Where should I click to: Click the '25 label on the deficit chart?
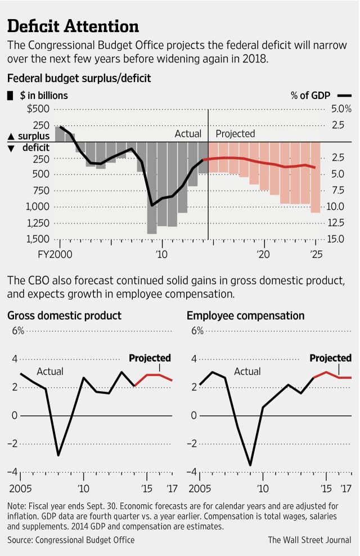pos(316,254)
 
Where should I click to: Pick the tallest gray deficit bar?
pos(151,188)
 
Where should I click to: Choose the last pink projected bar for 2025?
pos(316,177)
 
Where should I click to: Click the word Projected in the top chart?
pos(235,133)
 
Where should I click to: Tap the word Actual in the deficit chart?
pos(188,133)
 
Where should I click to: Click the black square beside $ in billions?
pos(10,96)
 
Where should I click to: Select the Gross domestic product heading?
pos(64,316)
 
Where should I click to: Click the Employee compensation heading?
pos(245,316)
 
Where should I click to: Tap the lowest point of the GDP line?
pos(58,455)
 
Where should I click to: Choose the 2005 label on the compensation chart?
pos(198,487)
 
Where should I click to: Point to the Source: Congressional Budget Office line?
pos(71,540)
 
